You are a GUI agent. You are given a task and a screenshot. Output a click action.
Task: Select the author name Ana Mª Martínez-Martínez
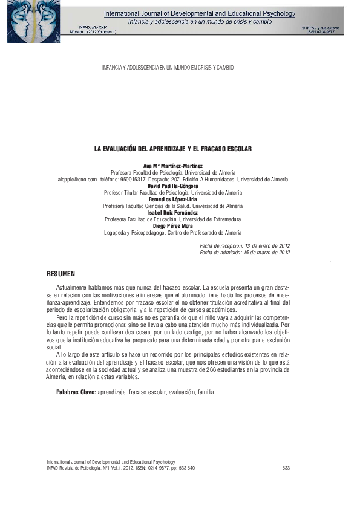(172, 166)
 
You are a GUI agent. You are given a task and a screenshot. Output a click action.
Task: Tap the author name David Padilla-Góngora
(172, 186)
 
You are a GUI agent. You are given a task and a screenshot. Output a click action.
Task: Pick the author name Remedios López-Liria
(172, 199)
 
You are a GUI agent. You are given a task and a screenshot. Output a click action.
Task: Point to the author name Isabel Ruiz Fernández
(172, 212)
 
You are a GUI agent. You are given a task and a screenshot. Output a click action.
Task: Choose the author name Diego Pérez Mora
(172, 225)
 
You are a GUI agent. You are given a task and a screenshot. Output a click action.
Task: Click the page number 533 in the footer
(286, 468)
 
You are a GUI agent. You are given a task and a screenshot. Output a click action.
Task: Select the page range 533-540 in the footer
(185, 468)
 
